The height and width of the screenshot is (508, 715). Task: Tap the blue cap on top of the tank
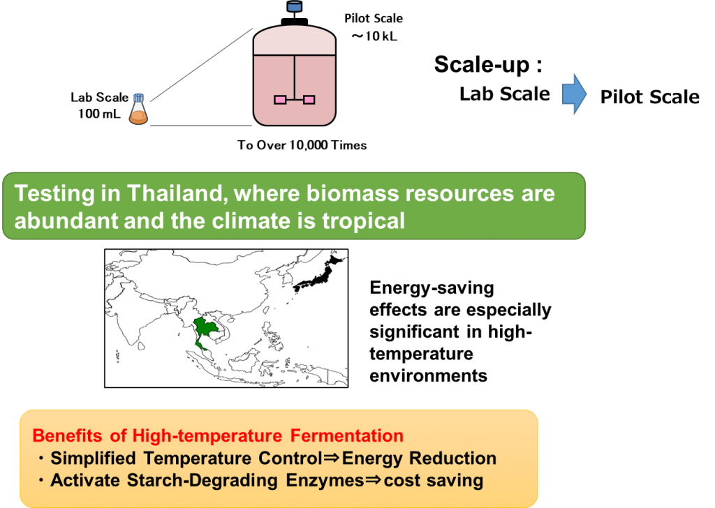point(294,6)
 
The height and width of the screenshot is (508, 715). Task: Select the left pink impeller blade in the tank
point(280,99)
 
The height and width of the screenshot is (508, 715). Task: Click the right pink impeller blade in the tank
point(309,99)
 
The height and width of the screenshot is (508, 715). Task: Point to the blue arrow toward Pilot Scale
point(575,94)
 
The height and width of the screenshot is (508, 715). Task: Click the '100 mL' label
point(99,114)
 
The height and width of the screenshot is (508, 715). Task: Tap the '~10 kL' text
point(374,36)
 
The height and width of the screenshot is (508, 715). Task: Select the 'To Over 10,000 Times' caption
point(302,145)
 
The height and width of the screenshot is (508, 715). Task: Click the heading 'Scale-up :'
point(488,64)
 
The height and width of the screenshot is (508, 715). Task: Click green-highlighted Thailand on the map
point(205,329)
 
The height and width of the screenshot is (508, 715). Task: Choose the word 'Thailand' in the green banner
point(177,193)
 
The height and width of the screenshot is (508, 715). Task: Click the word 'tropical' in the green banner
point(363,221)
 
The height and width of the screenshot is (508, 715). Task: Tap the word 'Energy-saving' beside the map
point(432,288)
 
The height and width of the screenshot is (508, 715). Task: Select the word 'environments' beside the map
point(428,376)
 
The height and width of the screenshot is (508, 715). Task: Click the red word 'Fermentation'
point(347,435)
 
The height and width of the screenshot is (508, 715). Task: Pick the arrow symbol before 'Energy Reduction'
point(332,458)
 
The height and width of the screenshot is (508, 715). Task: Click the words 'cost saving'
point(433,480)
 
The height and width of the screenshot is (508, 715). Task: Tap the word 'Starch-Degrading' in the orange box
point(202,481)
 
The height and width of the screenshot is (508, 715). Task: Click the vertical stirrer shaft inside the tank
point(295,77)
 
